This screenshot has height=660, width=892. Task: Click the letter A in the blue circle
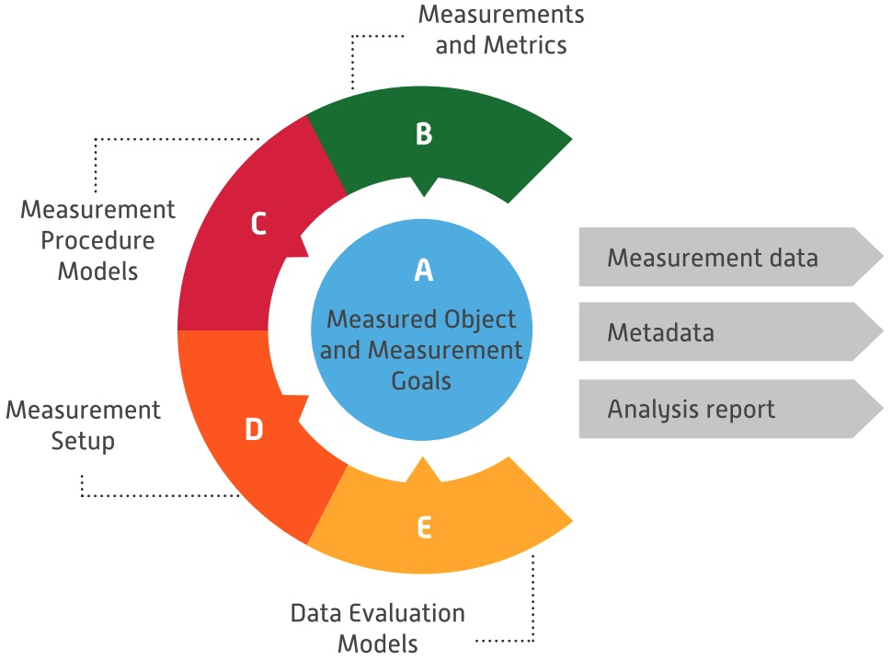pos(423,270)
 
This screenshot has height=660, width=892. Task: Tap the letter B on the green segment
pos(423,134)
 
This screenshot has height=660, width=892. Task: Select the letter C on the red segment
pos(258,224)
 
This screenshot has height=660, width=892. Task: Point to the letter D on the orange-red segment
pos(254,430)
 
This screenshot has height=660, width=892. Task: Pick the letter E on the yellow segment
pos(423,527)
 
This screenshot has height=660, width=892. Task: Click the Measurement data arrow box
pos(726,257)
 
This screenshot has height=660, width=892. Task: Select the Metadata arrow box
pos(726,332)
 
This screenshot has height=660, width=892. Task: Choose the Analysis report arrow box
pos(726,408)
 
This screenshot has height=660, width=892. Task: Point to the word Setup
pos(84,441)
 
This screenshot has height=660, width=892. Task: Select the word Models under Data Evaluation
pos(378,643)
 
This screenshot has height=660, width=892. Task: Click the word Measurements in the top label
pos(501,15)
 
